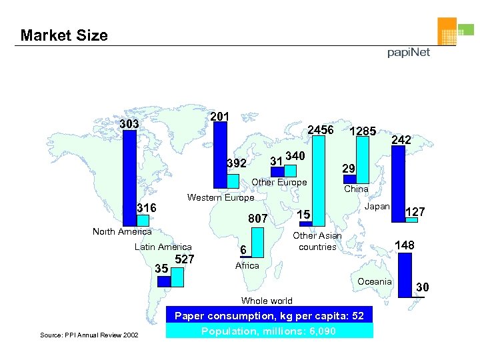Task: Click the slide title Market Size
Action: pos(64,35)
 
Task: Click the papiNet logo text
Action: pos(409,53)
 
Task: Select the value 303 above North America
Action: pos(129,125)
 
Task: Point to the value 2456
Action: pos(320,129)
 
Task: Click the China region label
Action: pos(356,189)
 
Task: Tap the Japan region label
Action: pos(377,206)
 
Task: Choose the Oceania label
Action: pos(375,281)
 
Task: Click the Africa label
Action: pos(247,265)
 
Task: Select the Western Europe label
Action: pos(221,197)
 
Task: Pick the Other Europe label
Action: pos(279,182)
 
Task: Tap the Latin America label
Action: pos(163,247)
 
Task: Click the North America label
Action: pos(122,231)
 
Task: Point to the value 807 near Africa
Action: pos(257,218)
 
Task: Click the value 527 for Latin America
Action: pos(184,259)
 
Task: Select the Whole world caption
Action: pos(267,301)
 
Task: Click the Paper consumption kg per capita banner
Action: pos(269,315)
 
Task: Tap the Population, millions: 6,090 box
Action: pos(269,331)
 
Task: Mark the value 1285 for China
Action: pos(364,131)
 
